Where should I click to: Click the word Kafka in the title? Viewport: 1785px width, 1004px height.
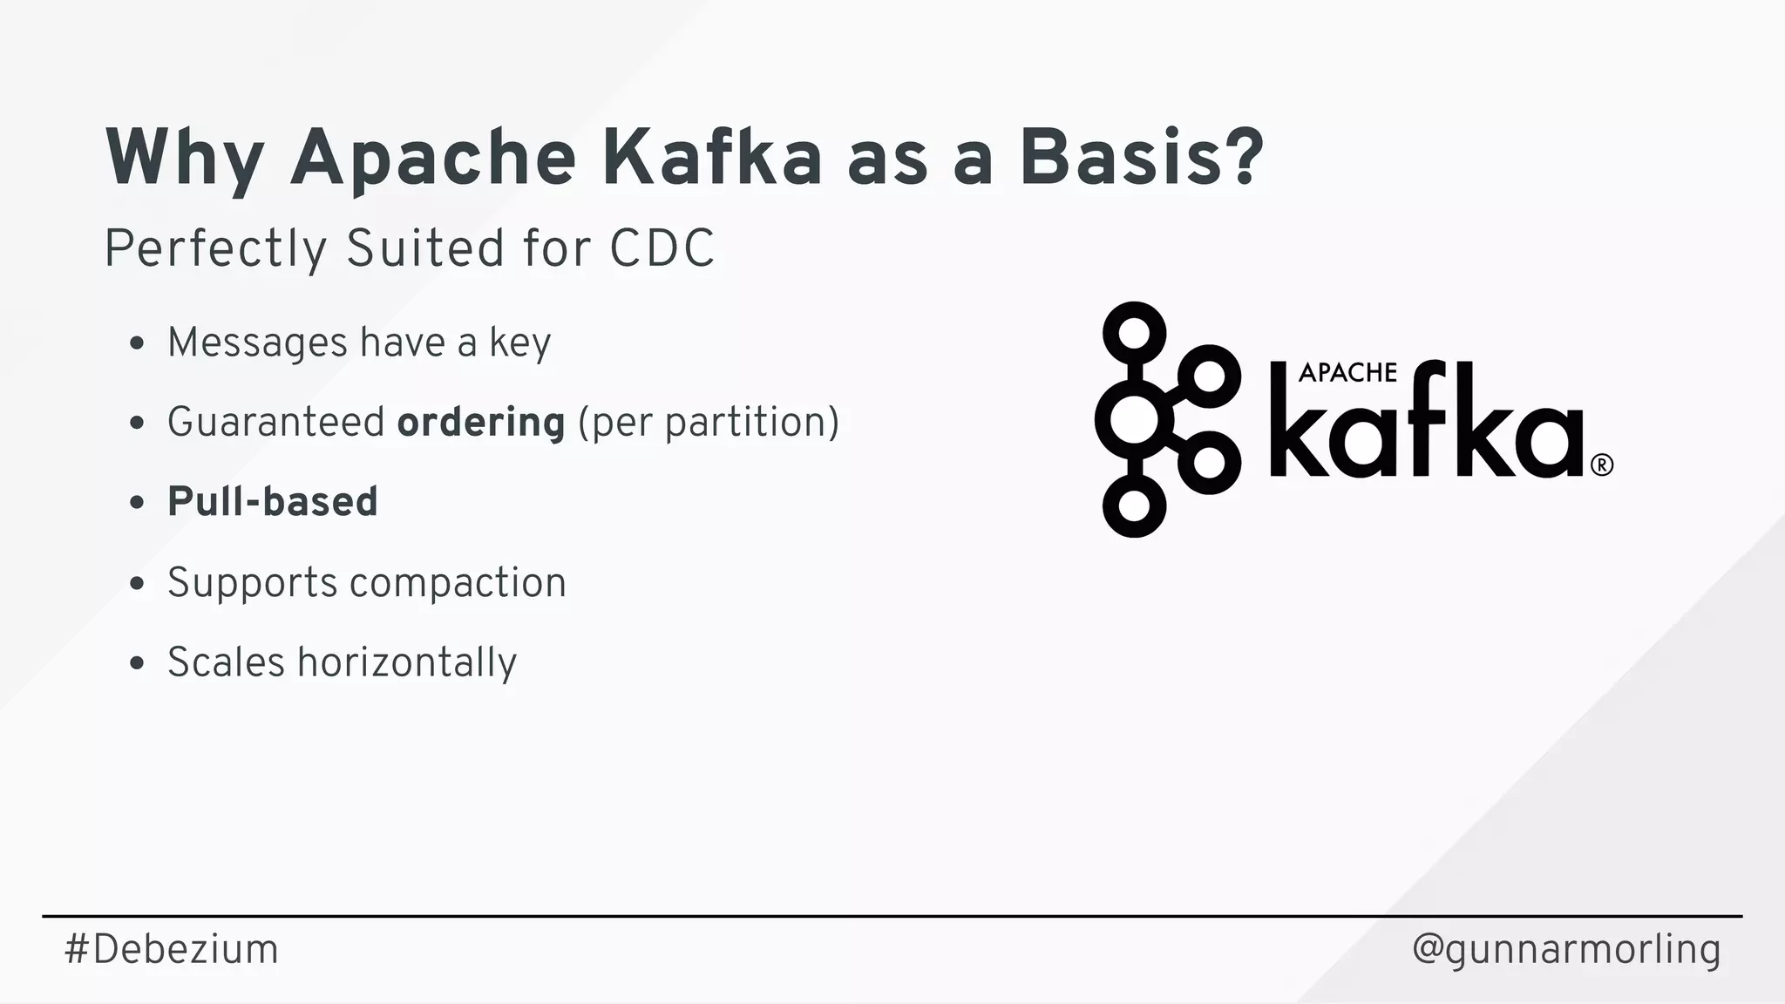pyautogui.click(x=712, y=158)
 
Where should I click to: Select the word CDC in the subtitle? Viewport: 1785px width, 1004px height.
pyautogui.click(x=662, y=248)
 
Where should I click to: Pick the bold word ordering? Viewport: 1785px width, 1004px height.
pyautogui.click(x=481, y=423)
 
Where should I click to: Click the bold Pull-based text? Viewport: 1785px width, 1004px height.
pyautogui.click(x=272, y=502)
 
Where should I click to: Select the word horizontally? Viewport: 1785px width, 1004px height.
pyautogui.click(x=407, y=663)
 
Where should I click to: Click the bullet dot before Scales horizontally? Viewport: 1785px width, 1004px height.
pyautogui.click(x=136, y=663)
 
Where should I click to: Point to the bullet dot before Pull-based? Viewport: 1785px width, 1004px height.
pyautogui.click(x=136, y=503)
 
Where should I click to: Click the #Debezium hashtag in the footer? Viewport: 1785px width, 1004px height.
pyautogui.click(x=171, y=949)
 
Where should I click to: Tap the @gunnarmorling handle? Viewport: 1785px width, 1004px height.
pyautogui.click(x=1565, y=949)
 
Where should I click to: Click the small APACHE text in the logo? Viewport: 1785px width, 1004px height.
pyautogui.click(x=1347, y=373)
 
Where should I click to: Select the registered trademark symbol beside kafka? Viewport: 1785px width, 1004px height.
pyautogui.click(x=1602, y=465)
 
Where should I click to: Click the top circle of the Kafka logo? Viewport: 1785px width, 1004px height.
pyautogui.click(x=1134, y=333)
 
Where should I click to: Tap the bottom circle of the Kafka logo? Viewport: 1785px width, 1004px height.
pyautogui.click(x=1134, y=505)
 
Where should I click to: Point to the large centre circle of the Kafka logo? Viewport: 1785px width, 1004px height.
pyautogui.click(x=1132, y=420)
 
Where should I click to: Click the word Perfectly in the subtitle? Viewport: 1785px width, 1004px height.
pyautogui.click(x=215, y=248)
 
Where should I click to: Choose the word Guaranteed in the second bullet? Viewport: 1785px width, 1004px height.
pyautogui.click(x=275, y=423)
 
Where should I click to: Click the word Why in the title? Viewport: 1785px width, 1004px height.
pyautogui.click(x=184, y=158)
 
